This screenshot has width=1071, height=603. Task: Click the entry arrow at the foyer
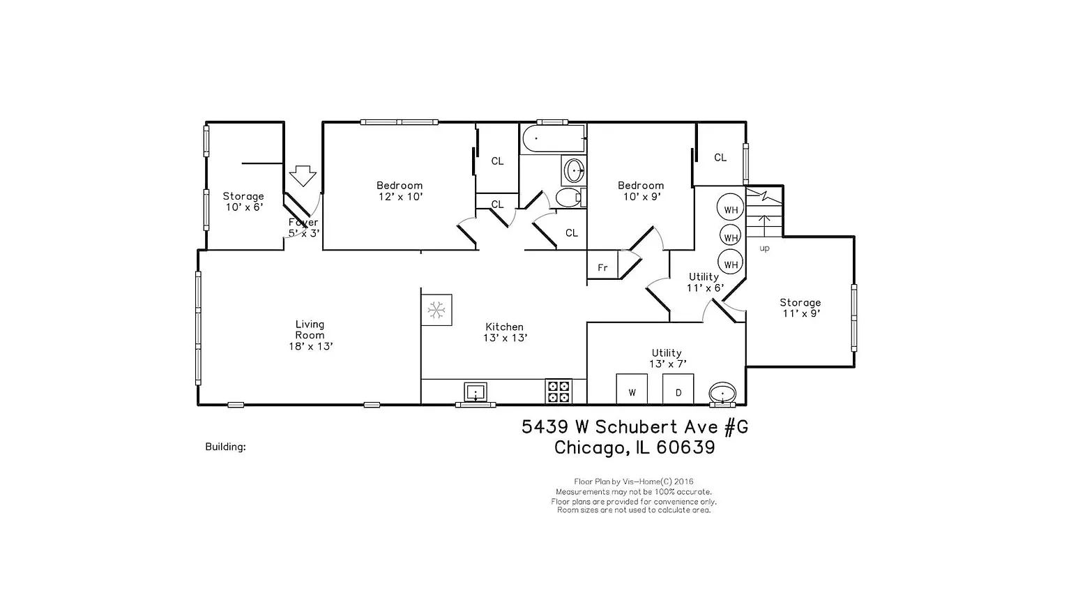(303, 175)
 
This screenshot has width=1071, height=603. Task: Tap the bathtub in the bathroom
(554, 139)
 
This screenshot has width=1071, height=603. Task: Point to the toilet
(570, 198)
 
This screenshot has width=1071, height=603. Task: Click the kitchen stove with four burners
(558, 392)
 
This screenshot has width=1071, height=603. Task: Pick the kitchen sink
(476, 392)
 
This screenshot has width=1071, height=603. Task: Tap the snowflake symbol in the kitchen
(436, 310)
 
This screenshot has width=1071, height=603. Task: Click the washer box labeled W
(632, 389)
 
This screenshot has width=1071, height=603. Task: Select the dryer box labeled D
(678, 389)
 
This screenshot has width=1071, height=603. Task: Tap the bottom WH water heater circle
(730, 263)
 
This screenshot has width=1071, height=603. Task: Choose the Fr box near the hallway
(602, 267)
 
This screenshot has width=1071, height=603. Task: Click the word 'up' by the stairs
(764, 248)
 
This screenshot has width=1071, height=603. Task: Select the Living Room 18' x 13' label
(310, 335)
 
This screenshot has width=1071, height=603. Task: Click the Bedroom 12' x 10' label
(400, 191)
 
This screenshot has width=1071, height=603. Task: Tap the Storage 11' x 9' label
(800, 308)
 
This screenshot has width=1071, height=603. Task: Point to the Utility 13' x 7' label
(667, 358)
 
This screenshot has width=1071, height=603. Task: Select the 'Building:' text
(225, 447)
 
